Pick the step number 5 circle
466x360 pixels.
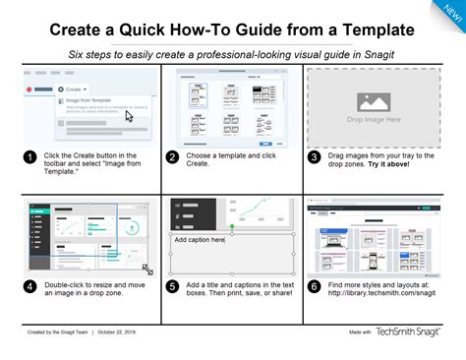[172, 287]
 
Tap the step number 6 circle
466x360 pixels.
[315, 287]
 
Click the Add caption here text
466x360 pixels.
[200, 239]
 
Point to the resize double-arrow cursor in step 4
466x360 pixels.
[146, 268]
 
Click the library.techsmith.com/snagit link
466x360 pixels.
[380, 292]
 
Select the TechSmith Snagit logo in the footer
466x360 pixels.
[412, 332]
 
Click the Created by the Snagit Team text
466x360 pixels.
[55, 332]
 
